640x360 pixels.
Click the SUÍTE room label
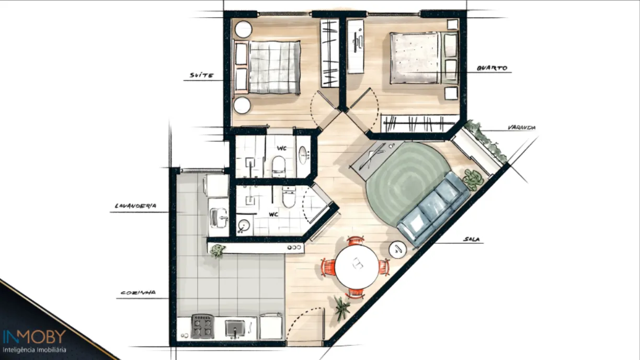(202, 75)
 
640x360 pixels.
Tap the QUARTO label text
(492, 68)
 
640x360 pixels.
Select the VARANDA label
(521, 128)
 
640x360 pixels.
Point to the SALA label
(472, 239)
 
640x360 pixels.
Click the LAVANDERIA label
(135, 206)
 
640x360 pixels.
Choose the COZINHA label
(138, 293)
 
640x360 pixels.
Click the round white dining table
(357, 266)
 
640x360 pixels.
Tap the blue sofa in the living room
(433, 209)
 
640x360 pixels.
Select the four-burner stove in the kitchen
(202, 327)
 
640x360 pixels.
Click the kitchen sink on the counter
(235, 328)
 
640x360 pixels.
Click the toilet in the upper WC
(279, 166)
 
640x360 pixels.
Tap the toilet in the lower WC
(289, 196)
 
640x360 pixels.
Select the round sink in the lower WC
(244, 226)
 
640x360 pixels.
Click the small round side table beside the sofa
(398, 250)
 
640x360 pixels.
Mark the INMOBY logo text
(35, 337)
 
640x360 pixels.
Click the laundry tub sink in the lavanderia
(219, 218)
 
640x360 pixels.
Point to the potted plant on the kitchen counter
(217, 251)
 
